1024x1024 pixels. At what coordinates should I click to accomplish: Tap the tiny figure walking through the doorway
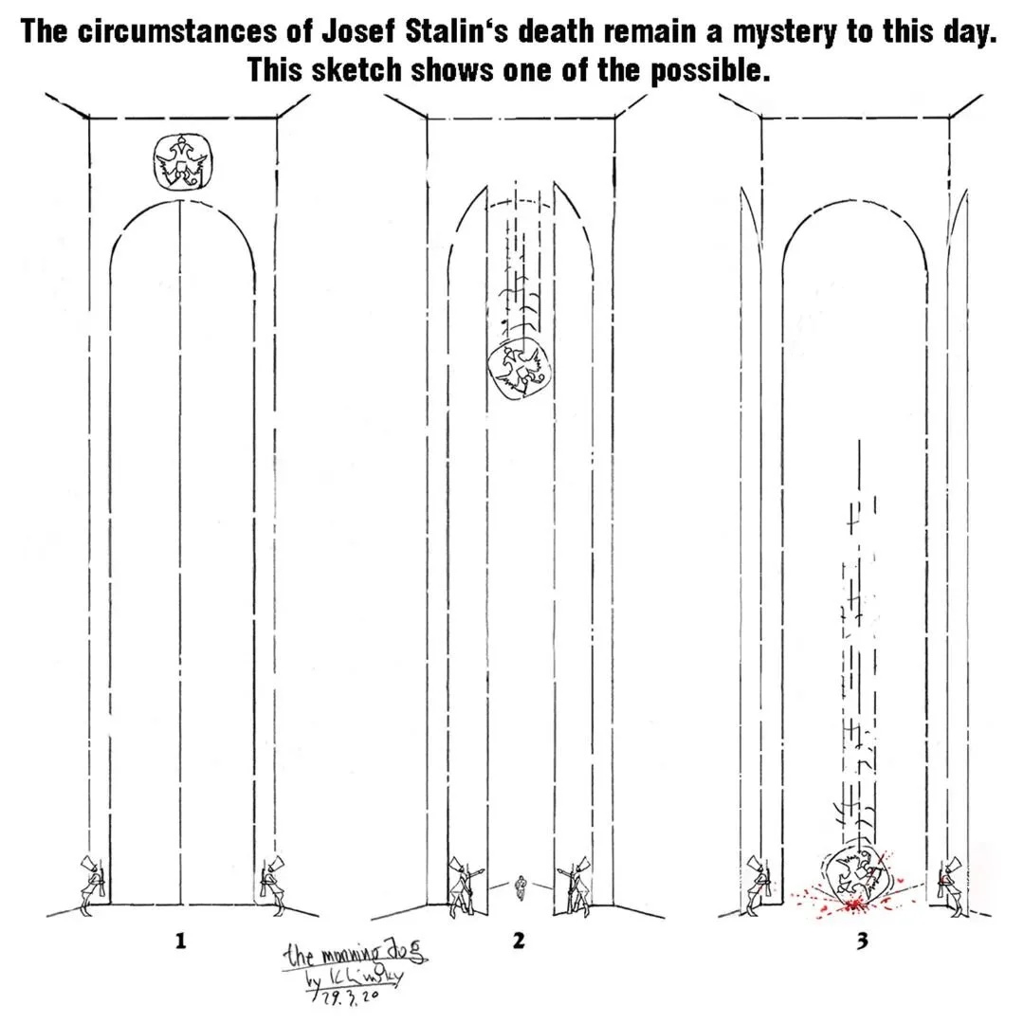pyautogui.click(x=519, y=887)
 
